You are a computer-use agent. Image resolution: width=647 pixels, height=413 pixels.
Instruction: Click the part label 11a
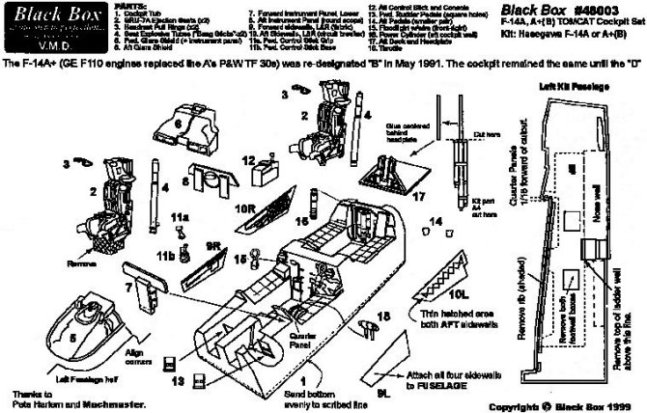coord(180,219)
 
